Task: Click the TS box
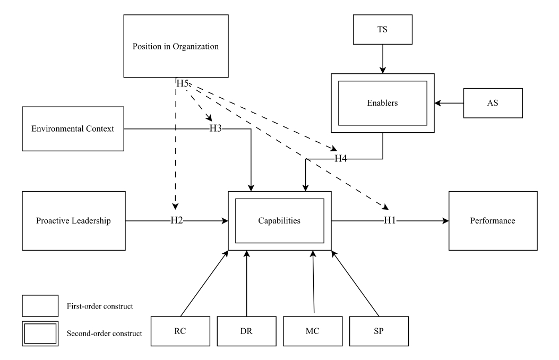pyautogui.click(x=383, y=30)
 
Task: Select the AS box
pyautogui.click(x=493, y=103)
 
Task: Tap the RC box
pyautogui.click(x=180, y=331)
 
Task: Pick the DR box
pyautogui.click(x=247, y=331)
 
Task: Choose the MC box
pyautogui.click(x=313, y=331)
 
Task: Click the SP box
pyautogui.click(x=379, y=331)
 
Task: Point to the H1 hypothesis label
pyautogui.click(x=390, y=221)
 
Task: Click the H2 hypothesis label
pyautogui.click(x=176, y=221)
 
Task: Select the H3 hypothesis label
pyautogui.click(x=216, y=128)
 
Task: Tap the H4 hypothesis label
pyautogui.click(x=340, y=159)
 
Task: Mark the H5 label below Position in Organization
pyautogui.click(x=183, y=83)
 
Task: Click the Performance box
pyautogui.click(x=493, y=221)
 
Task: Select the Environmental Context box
pyautogui.click(x=73, y=128)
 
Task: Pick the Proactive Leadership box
pyautogui.click(x=74, y=221)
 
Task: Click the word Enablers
pyautogui.click(x=382, y=103)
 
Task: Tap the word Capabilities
pyautogui.click(x=279, y=221)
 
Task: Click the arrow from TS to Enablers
pyautogui.click(x=383, y=59)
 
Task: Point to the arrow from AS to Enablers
pyautogui.click(x=449, y=103)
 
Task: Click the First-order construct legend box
pyautogui.click(x=40, y=306)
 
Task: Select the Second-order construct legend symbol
pyautogui.click(x=40, y=333)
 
